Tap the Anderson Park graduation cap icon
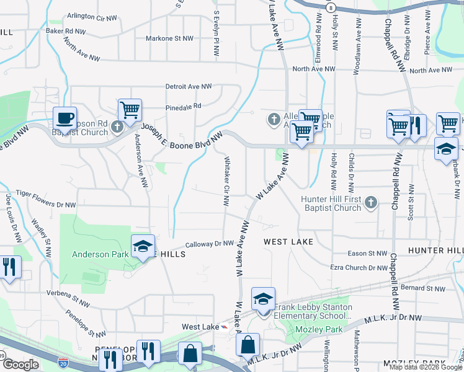(x=143, y=247)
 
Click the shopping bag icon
(x=190, y=354)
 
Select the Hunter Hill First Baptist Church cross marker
(x=370, y=202)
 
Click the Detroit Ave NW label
(x=189, y=87)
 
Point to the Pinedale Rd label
(x=184, y=106)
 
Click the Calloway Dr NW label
(x=198, y=244)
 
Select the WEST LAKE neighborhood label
(x=288, y=241)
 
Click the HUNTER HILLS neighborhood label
(x=435, y=250)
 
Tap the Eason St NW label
(x=367, y=254)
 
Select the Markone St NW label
(x=169, y=38)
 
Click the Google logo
(x=20, y=365)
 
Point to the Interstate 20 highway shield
(x=63, y=360)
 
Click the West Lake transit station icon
(x=225, y=327)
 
